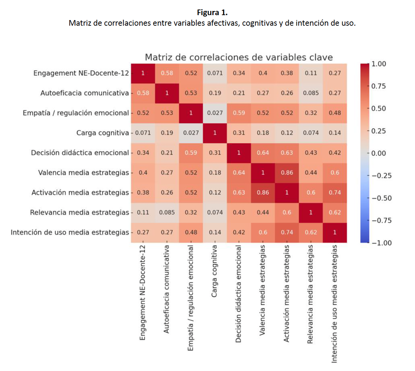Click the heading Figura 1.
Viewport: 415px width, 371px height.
pyautogui.click(x=212, y=13)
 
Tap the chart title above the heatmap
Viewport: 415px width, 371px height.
pyautogui.click(x=239, y=57)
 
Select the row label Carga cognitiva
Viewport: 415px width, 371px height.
pyautogui.click(x=103, y=133)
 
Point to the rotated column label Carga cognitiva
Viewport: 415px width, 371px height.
pyautogui.click(x=214, y=271)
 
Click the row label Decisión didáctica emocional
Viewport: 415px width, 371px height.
pyautogui.click(x=80, y=153)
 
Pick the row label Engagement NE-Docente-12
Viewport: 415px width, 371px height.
pyautogui.click(x=81, y=73)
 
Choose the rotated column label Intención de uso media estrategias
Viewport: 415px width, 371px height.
pyautogui.click(x=334, y=304)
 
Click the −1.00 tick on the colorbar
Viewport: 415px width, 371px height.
pyautogui.click(x=381, y=243)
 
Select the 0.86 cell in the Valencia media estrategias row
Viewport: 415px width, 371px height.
pyautogui.click(x=287, y=172)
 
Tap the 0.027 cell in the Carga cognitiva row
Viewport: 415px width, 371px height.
pyautogui.click(x=191, y=133)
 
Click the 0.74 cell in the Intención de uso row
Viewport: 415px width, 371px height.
pyautogui.click(x=287, y=232)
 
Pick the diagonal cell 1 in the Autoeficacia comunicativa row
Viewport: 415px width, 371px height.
pyautogui.click(x=167, y=93)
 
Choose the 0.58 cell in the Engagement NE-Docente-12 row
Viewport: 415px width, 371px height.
pyautogui.click(x=167, y=73)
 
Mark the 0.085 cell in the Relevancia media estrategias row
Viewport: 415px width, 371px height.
pyautogui.click(x=167, y=212)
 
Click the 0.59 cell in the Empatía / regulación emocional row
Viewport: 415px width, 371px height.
pyautogui.click(x=239, y=113)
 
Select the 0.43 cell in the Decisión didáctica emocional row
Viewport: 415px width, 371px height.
pyautogui.click(x=311, y=153)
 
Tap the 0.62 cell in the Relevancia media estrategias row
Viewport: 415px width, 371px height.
pyautogui.click(x=335, y=212)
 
